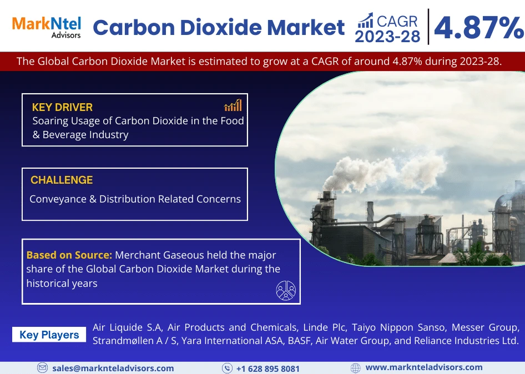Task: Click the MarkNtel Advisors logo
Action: coord(47,27)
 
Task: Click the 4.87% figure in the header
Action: coord(478,28)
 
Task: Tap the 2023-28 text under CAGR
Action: coord(387,37)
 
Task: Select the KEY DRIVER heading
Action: coord(62,107)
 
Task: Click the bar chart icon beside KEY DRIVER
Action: coord(233,105)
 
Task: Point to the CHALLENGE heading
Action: coord(62,180)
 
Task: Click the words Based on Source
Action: coord(69,255)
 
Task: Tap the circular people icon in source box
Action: coord(286,290)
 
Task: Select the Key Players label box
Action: coord(49,335)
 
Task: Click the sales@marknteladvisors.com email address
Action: coord(113,368)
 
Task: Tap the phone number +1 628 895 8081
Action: coord(267,368)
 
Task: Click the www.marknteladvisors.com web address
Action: coord(424,367)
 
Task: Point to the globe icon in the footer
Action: coord(356,368)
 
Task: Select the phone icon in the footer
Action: coord(227,368)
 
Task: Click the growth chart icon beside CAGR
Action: coord(365,21)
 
